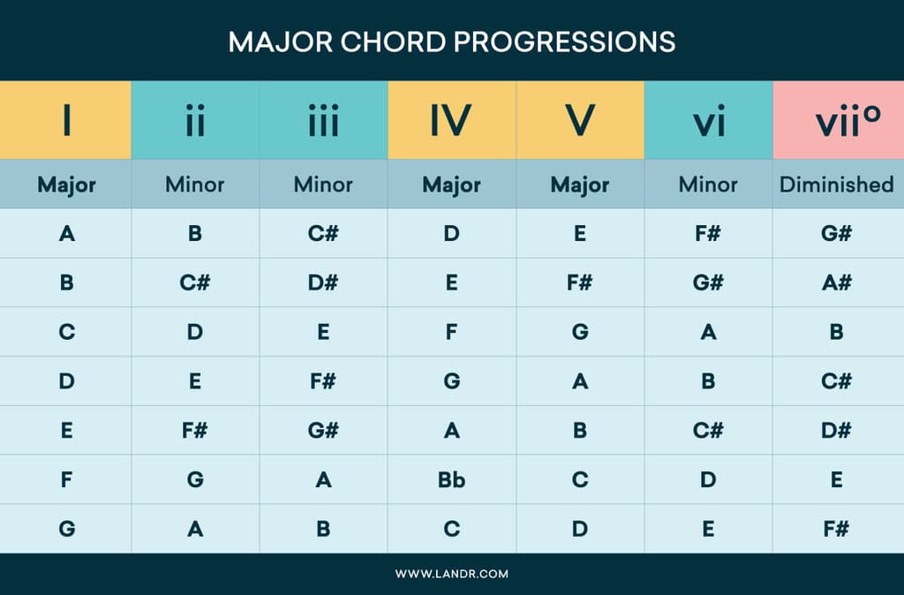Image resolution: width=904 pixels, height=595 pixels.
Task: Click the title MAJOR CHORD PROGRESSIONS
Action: point(451,41)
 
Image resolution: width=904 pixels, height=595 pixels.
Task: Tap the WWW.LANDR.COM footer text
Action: point(451,574)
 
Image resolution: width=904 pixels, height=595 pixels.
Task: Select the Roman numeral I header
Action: point(66,121)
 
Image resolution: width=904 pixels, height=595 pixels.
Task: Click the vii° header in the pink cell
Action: point(837,121)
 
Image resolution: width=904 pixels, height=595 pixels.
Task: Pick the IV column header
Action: point(451,121)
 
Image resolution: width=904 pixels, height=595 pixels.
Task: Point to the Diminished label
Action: point(837,185)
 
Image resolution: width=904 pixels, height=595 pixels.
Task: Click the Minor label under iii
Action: point(323,185)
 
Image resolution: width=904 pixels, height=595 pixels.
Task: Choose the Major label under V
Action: point(580,185)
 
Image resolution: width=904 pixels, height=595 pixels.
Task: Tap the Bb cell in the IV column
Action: point(451,480)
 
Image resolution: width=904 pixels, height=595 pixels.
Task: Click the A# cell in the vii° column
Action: point(837,282)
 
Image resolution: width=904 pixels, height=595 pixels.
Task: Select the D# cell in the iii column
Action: point(323,282)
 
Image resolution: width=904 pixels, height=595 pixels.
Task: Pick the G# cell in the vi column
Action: point(708,282)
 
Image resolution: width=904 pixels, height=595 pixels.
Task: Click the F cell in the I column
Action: point(66,480)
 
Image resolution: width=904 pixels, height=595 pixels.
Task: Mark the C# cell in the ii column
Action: point(195,282)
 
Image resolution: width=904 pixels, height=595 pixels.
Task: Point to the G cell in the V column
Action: point(580,332)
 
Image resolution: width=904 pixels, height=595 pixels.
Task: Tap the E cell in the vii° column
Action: point(837,480)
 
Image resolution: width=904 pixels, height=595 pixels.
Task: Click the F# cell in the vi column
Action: point(708,234)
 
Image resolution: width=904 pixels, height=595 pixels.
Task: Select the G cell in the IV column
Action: point(451,381)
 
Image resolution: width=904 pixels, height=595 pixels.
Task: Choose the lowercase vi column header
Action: point(708,121)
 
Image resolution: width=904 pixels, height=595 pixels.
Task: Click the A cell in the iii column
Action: point(323,480)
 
